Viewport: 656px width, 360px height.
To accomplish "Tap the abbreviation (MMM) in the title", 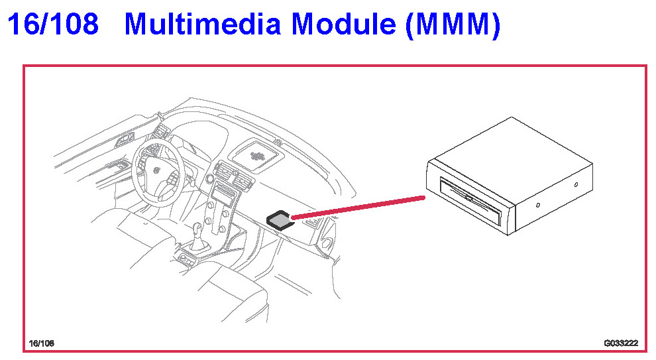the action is tap(451, 25).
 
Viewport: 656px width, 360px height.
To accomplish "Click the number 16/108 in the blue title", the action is tap(53, 25).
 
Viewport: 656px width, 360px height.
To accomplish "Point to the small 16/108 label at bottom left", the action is tap(41, 343).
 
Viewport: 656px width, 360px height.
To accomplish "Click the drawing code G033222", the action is tap(621, 343).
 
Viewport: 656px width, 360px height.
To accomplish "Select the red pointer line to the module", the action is tap(358, 207).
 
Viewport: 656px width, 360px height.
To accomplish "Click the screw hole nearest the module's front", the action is tap(537, 206).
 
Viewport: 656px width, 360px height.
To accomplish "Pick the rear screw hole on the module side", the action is tap(576, 184).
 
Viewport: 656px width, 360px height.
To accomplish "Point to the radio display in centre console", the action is tap(223, 196).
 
